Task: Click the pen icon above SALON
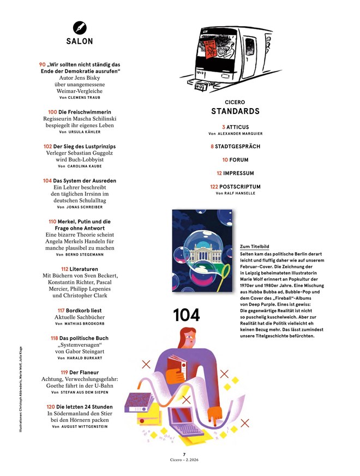point(80,27)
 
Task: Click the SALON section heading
point(80,41)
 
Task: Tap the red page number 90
point(43,64)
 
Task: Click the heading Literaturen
point(84,269)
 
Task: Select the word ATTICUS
point(237,127)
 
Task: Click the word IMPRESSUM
point(238,173)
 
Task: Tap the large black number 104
point(187,315)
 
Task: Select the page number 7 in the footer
point(184,454)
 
